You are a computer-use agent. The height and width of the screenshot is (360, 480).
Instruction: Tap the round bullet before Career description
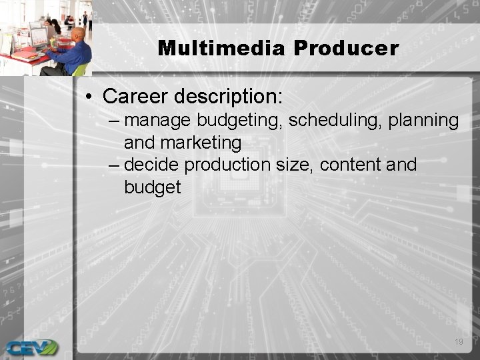[89, 97]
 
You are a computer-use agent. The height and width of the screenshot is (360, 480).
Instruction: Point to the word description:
[229, 97]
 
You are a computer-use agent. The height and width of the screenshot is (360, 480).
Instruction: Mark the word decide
[151, 165]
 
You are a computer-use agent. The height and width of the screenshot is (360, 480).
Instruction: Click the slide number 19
[458, 342]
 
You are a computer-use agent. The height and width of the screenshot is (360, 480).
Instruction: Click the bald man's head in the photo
[78, 35]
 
